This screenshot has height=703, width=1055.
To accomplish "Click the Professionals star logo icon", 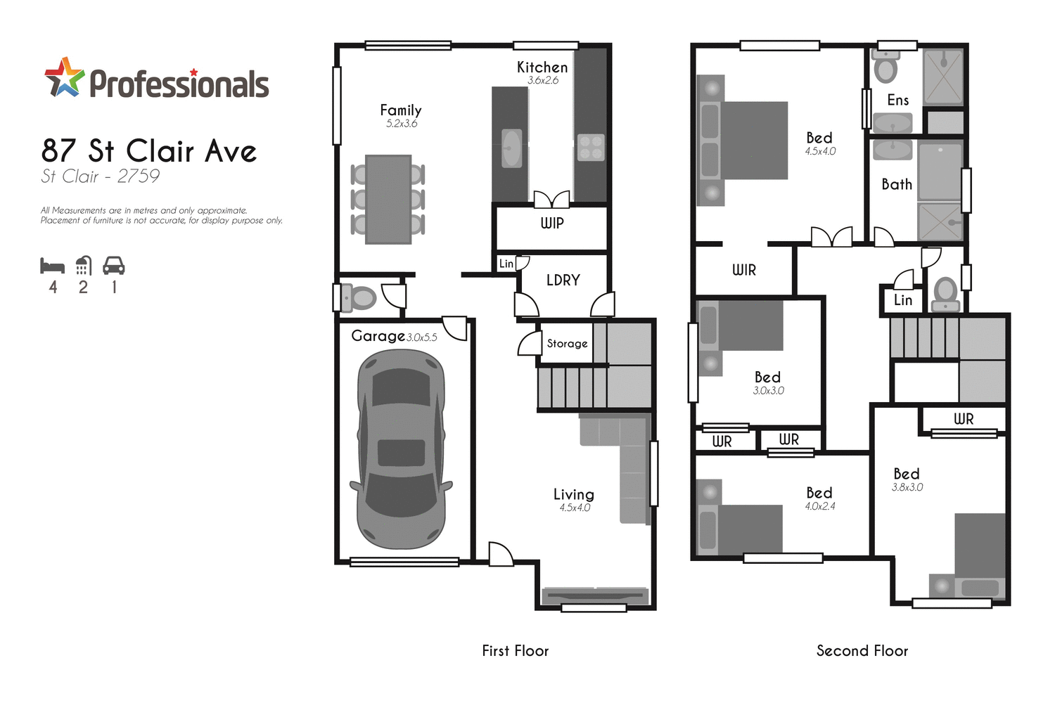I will pos(65,77).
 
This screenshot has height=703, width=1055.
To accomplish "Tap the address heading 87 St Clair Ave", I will pos(149,151).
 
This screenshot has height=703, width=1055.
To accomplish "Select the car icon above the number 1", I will pos(114,266).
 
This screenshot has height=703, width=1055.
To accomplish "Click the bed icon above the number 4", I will pos(53,266).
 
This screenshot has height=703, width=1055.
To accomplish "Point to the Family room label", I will pos(401,110).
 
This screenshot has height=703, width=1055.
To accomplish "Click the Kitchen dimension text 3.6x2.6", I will pos(543,81).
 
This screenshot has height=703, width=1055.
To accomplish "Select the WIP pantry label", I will pos(552,224).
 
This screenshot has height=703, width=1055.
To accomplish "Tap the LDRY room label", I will pos(563,280).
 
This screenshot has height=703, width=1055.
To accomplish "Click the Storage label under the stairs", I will pos(567,344).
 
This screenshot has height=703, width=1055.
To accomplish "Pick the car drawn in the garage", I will pos(402,450).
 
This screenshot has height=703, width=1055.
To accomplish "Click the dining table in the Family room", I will pos(388,200).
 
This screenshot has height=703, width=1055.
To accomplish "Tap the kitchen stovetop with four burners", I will pos(591,147).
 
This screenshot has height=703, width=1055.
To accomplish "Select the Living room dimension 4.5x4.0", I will pos(575,508).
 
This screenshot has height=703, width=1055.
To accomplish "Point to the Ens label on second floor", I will pos(898,101).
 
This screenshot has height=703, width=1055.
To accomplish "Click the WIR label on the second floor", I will pos(744,270).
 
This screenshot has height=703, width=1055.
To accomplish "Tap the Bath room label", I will pos(897,184).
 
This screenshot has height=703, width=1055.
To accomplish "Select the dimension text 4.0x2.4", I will pos(820,506).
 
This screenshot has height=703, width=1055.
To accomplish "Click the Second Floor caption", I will pos(862,651).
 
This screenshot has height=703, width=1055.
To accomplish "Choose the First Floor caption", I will pos(516,651).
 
